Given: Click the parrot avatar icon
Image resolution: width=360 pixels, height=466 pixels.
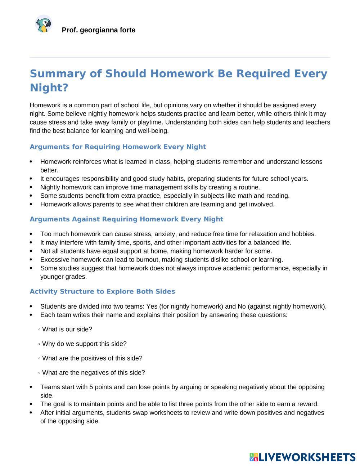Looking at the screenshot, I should point(44,24).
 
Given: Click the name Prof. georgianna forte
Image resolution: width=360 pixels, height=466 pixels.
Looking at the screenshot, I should point(98,30).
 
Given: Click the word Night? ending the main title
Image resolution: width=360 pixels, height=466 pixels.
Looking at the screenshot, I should point(49,88).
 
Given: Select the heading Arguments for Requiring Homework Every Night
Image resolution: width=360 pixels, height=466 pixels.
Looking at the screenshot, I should point(118,147).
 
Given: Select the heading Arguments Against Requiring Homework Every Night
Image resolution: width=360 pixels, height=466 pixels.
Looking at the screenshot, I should point(126,219).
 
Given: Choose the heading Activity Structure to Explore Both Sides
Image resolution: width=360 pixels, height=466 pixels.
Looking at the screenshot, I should point(102,291).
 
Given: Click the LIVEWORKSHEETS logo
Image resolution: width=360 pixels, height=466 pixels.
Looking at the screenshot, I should point(302,457).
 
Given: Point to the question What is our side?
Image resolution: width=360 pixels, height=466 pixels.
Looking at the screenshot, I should point(67,329).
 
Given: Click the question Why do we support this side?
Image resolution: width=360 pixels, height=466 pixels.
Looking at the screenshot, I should point(84,344).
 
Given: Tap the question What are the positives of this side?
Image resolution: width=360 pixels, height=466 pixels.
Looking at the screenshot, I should point(92,358).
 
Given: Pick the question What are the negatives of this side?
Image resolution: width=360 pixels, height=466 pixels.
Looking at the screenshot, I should point(93,372).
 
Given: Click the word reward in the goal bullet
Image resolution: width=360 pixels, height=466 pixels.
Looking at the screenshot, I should point(308,404).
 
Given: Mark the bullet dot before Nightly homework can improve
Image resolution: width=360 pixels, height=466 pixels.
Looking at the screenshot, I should point(32,187).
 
